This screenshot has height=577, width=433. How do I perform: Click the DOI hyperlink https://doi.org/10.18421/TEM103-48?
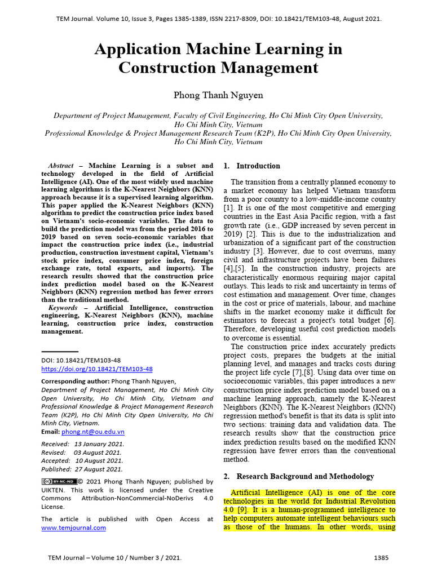[97, 369]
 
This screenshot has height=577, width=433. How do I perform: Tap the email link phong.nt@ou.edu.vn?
[93, 432]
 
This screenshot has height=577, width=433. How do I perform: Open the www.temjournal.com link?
[73, 527]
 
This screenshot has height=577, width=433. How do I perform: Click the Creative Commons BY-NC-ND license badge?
[59, 481]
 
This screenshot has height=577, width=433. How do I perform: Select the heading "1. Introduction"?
[251, 166]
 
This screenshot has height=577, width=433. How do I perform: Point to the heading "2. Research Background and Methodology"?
[299, 476]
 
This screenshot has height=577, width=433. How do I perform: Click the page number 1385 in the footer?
[381, 558]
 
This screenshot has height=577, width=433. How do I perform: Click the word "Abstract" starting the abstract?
[61, 166]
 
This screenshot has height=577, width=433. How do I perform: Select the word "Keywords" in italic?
[63, 308]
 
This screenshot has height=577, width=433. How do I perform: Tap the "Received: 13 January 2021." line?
[83, 443]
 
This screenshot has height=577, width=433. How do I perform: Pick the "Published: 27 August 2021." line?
[82, 469]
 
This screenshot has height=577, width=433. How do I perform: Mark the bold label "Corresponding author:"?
[76, 381]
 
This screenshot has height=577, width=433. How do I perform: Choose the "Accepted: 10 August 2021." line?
[82, 460]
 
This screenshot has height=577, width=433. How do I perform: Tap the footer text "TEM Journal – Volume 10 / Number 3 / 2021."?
[115, 558]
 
